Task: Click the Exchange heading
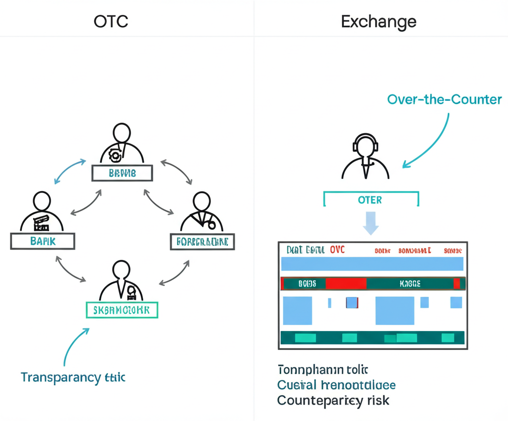(x=379, y=21)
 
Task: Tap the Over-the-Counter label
(x=444, y=99)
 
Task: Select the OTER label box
(x=370, y=200)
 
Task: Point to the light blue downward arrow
(x=371, y=222)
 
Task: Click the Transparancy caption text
(x=73, y=377)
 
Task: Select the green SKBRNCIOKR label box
(x=122, y=310)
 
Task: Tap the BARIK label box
(x=43, y=241)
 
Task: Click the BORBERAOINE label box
(x=202, y=242)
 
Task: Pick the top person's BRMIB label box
(x=122, y=173)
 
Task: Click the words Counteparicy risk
(x=333, y=400)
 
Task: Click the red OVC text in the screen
(x=337, y=250)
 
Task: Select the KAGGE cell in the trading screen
(x=410, y=283)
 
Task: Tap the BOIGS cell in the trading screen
(x=307, y=283)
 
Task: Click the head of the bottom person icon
(x=121, y=269)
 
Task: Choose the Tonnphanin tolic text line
(x=322, y=369)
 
